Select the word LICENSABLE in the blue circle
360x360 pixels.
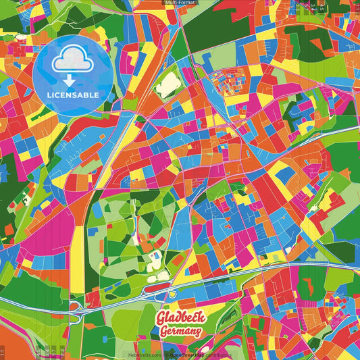click(73, 95)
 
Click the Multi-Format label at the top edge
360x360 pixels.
click(180, 3)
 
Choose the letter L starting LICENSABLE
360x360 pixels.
click(49, 95)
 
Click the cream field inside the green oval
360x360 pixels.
click(166, 86)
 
